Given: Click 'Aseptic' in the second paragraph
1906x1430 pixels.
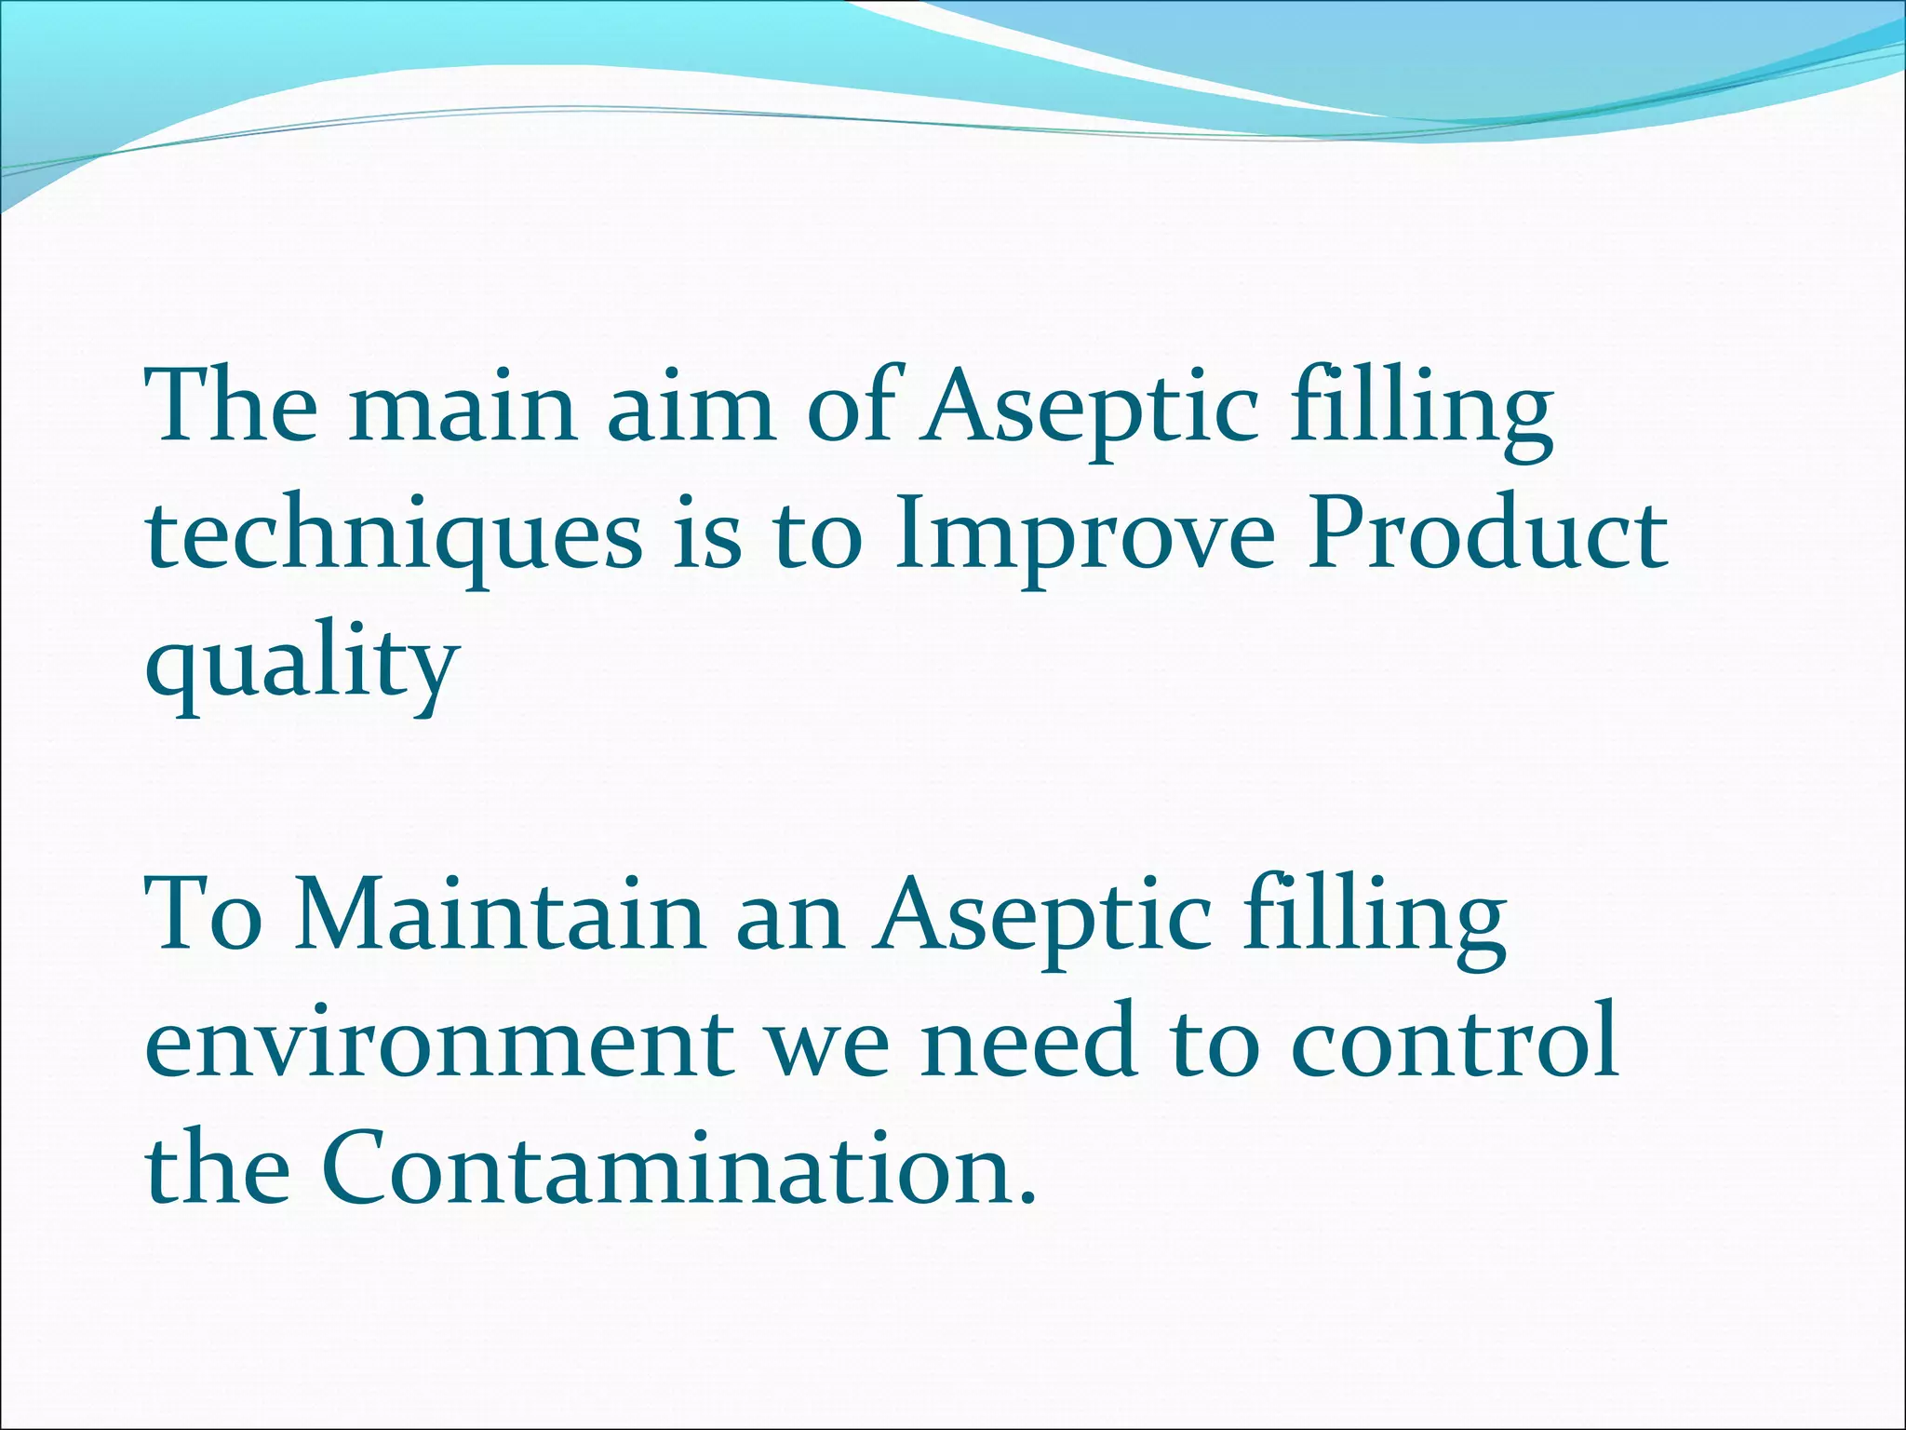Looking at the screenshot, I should pos(1041,922).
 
